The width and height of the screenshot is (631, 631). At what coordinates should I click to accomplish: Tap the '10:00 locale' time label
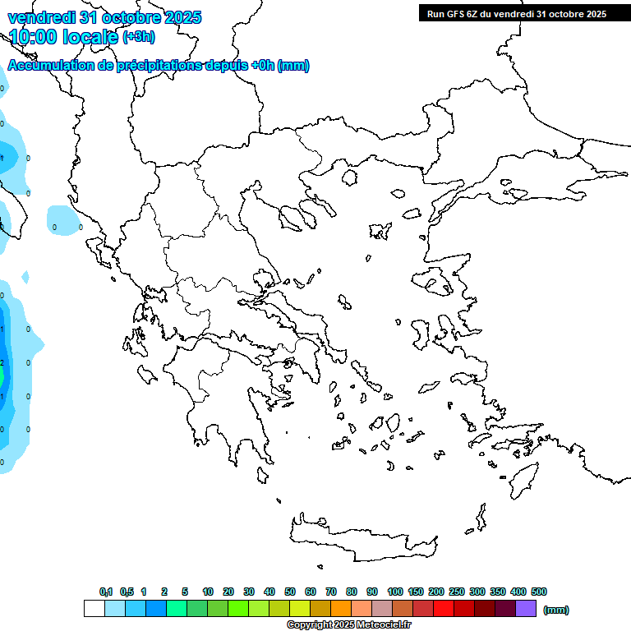click(62, 37)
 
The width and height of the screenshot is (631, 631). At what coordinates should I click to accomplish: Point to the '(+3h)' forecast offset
click(138, 37)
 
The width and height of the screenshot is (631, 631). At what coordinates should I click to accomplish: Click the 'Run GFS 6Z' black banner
click(516, 13)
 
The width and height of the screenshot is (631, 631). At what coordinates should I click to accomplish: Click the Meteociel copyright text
click(348, 624)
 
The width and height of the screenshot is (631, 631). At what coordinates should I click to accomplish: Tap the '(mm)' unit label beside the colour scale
click(556, 610)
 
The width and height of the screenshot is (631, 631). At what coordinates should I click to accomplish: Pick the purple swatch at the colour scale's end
click(526, 608)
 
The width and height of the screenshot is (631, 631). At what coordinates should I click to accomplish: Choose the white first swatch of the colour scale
click(94, 608)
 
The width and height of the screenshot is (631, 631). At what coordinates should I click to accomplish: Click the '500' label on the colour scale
click(539, 592)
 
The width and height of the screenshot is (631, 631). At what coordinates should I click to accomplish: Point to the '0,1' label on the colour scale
click(106, 592)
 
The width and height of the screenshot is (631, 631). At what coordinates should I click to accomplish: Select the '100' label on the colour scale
click(394, 592)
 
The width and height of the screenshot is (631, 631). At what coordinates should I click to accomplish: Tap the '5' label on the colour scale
click(185, 592)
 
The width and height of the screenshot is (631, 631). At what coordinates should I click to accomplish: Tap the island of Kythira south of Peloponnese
click(263, 475)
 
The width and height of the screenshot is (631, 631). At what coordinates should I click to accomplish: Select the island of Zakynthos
click(148, 375)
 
